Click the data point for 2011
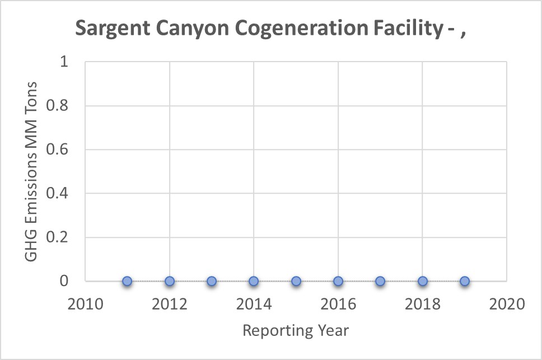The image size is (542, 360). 127,281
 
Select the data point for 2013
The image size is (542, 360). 212,281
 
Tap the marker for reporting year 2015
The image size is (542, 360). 296,281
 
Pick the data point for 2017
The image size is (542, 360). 380,281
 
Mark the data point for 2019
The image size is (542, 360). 465,281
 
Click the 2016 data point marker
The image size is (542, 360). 338,281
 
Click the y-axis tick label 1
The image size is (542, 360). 64,62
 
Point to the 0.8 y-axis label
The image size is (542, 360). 58,106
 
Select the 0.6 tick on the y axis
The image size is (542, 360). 58,149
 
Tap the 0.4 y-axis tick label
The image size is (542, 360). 58,194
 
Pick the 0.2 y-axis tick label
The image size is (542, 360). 58,237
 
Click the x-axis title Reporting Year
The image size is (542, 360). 296,331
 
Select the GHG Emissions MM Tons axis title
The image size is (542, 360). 31,171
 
